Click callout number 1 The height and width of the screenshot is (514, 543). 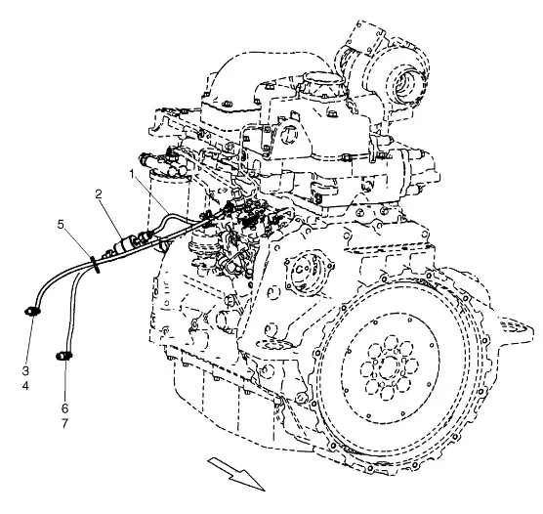tap(131, 174)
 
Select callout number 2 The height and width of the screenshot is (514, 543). tap(99, 194)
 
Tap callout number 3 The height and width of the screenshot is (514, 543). tap(25, 371)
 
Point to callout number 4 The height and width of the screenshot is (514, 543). tap(25, 385)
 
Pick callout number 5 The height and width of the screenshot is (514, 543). tap(61, 225)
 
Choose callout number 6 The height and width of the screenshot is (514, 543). tap(65, 408)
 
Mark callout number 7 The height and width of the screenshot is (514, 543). tap(65, 423)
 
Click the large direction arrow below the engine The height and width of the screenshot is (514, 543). tap(237, 473)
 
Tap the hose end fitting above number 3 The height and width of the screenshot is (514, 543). tap(32, 312)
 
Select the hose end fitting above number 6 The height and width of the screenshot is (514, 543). tap(63, 356)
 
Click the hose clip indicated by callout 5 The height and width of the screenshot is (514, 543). tap(96, 265)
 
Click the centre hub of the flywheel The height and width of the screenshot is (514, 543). tap(389, 367)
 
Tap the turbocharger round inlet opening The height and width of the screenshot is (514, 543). tap(411, 83)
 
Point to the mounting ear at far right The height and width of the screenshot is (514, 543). tap(516, 327)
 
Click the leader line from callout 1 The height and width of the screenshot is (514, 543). tap(151, 194)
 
